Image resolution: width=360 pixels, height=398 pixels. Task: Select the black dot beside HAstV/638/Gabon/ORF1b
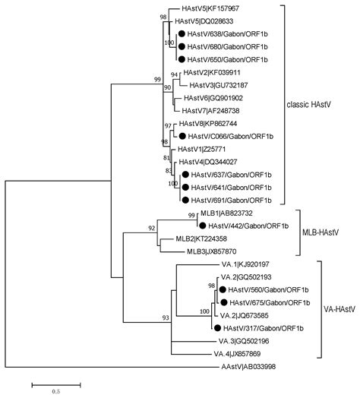point(181,35)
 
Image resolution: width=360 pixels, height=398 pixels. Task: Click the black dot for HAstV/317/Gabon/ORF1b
point(218,327)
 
